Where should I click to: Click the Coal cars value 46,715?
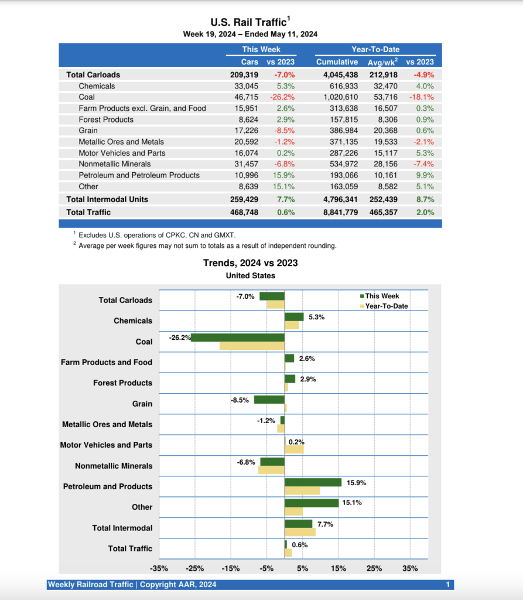246,97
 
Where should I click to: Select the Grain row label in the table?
88,131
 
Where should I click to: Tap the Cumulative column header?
337,62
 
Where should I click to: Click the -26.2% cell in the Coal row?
283,97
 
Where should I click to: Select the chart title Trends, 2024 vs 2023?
250,263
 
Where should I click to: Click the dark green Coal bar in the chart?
237,337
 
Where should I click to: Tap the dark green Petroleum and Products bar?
313,482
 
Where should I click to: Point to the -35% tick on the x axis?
159,568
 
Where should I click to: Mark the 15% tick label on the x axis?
339,568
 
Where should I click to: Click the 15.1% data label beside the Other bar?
351,502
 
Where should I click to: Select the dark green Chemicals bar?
294,317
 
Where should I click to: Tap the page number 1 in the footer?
447,584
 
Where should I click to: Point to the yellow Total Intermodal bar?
300,532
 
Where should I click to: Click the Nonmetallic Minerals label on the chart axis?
114,466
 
